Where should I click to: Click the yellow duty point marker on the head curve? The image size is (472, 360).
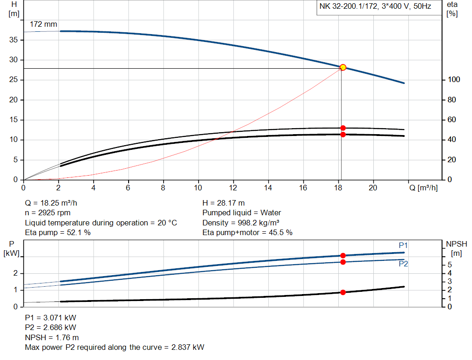pyautogui.click(x=343, y=67)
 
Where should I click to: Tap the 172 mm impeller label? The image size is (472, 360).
pyautogui.click(x=43, y=24)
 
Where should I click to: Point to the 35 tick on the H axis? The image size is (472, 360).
pyautogui.click(x=13, y=40)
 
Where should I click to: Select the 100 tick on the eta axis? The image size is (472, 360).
pyautogui.click(x=454, y=80)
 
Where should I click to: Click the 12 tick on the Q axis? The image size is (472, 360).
pyautogui.click(x=233, y=188)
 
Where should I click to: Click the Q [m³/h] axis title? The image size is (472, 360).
pyautogui.click(x=423, y=188)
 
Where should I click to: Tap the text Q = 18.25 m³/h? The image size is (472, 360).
pyautogui.click(x=54, y=203)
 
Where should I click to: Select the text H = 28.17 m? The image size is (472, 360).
pyautogui.click(x=224, y=203)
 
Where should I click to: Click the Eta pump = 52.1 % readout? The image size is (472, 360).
pyautogui.click(x=58, y=233)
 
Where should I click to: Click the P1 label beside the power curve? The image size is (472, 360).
pyautogui.click(x=403, y=245)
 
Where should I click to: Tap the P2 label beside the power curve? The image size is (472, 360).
pyautogui.click(x=403, y=264)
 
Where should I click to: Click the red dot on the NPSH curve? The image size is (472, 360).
pyautogui.click(x=343, y=292)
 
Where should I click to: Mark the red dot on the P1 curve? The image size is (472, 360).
pyautogui.click(x=343, y=255)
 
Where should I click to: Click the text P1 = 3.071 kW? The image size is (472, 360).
pyautogui.click(x=51, y=318)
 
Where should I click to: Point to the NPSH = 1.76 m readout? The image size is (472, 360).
pyautogui.click(x=52, y=337)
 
